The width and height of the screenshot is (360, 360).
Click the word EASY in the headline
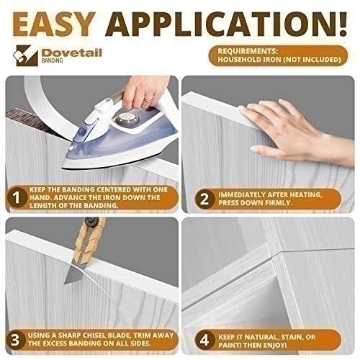(x=54, y=24)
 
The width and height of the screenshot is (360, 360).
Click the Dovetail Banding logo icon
(x=26, y=55)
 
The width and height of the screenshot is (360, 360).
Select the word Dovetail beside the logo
(x=72, y=53)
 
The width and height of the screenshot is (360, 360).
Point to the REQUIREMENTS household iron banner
(x=278, y=55)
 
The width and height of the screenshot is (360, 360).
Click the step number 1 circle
(x=17, y=198)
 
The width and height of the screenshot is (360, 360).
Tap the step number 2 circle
(x=204, y=199)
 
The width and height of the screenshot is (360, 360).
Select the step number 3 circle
(x=15, y=340)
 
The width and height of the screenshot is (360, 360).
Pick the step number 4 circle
(x=204, y=340)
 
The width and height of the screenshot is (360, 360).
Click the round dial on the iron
(x=127, y=119)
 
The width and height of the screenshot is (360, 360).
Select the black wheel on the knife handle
(x=91, y=220)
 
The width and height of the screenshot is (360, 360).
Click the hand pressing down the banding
(x=295, y=132)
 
